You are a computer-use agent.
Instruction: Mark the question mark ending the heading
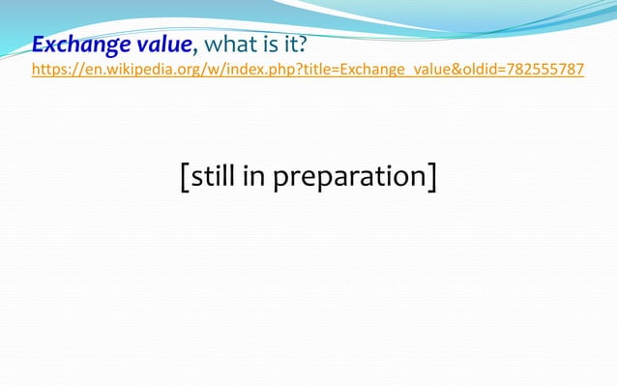[303, 45]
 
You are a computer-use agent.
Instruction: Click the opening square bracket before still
[184, 177]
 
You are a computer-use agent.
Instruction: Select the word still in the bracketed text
[218, 176]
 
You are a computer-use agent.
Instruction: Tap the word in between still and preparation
[259, 176]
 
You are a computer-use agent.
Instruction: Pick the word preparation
[349, 178]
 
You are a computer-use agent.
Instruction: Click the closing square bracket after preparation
[431, 177]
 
